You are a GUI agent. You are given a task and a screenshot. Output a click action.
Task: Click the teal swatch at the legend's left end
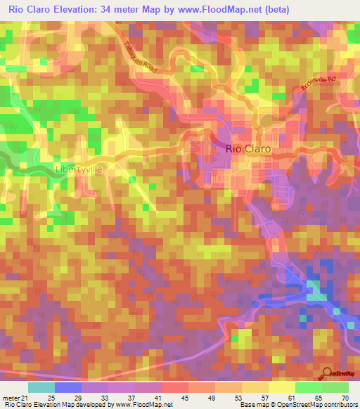point(41,387)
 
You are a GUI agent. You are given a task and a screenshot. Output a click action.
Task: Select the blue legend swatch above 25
point(68,387)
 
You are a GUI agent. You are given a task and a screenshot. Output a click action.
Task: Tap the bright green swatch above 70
point(335,387)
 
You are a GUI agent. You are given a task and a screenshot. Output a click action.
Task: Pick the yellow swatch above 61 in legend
point(282,387)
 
